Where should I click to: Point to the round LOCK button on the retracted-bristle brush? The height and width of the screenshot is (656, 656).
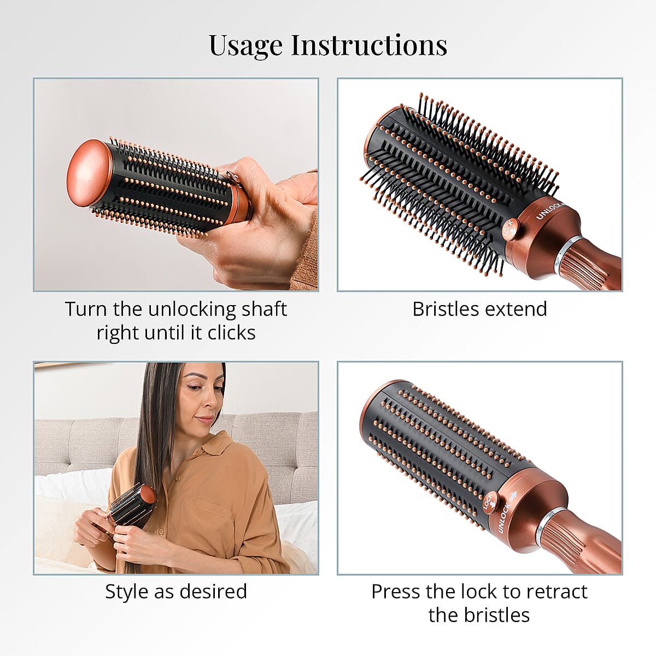[489, 501]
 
